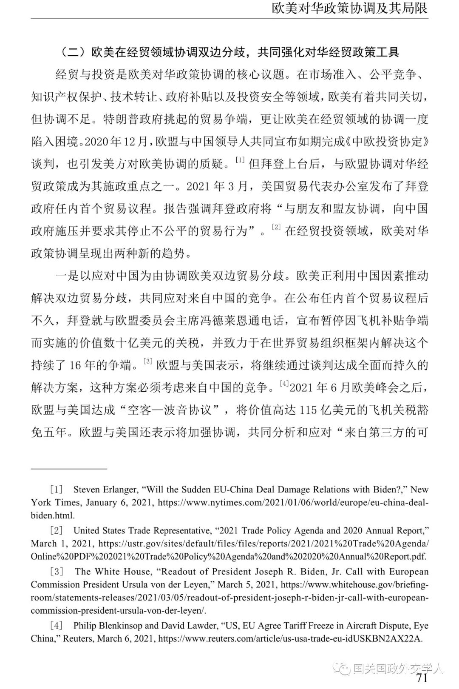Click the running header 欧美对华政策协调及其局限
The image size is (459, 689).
pyautogui.click(x=349, y=8)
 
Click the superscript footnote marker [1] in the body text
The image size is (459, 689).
pyautogui.click(x=241, y=160)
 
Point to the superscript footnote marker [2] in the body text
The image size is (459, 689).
pyautogui.click(x=276, y=228)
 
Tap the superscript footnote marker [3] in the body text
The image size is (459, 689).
pyautogui.click(x=148, y=362)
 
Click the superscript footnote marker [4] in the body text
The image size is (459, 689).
pyautogui.click(x=284, y=384)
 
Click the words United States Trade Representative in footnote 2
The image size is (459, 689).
pyautogui.click(x=142, y=530)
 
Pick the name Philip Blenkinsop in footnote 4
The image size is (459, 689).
pyautogui.click(x=108, y=626)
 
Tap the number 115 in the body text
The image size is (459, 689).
pyautogui.click(x=308, y=410)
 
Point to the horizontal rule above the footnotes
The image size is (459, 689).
pyautogui.click(x=69, y=469)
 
